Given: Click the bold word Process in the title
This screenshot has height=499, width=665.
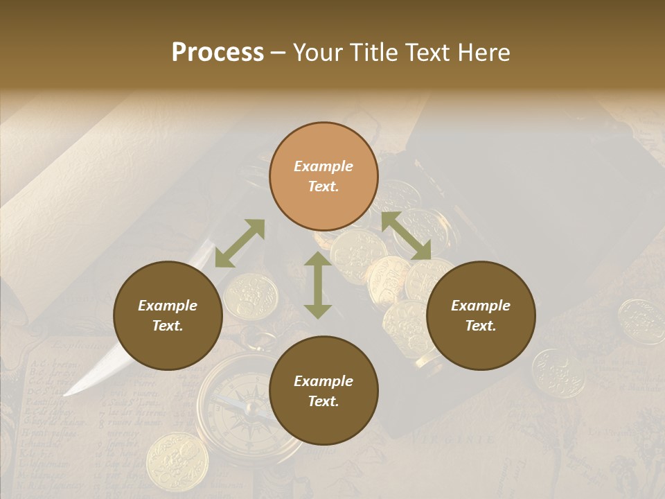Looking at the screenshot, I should [x=218, y=53].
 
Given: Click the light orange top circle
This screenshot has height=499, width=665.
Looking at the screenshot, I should [x=323, y=176].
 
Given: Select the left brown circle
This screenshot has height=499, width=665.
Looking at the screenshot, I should [x=168, y=315].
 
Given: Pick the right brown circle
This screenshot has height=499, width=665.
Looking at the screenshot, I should [x=481, y=315].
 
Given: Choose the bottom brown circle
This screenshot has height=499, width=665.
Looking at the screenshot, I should [x=323, y=391].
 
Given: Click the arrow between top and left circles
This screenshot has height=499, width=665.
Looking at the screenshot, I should [x=240, y=243].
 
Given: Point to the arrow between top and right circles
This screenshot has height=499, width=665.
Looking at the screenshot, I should [x=406, y=236].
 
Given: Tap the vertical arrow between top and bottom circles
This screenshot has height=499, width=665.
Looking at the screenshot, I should [x=318, y=285].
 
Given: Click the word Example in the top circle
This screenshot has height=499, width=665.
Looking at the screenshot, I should [x=323, y=166].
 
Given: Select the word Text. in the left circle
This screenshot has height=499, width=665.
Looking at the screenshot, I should [x=168, y=326].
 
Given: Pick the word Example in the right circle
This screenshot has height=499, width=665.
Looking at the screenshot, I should [x=481, y=306].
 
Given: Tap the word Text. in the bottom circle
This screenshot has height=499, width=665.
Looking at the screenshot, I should [x=323, y=401].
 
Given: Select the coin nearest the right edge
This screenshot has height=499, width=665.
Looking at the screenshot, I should [x=641, y=321].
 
